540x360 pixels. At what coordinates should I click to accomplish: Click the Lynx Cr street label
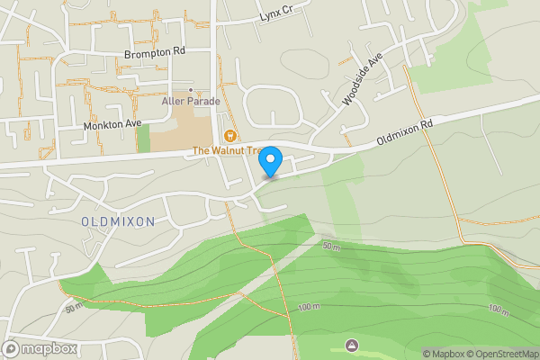click(x=277, y=16)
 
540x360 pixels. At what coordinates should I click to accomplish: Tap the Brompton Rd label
click(x=155, y=53)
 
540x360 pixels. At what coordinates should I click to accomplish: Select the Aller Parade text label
click(x=191, y=102)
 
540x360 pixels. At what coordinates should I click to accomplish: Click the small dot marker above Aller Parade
click(x=191, y=91)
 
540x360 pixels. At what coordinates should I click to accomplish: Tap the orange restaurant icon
click(x=230, y=137)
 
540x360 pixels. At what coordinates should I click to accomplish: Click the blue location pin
click(x=271, y=161)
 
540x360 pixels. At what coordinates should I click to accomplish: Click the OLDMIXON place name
click(x=118, y=220)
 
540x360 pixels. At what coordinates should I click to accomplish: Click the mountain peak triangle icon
click(x=351, y=345)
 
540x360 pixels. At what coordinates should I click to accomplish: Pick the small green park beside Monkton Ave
click(x=143, y=138)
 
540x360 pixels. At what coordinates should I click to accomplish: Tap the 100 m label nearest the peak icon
click(x=308, y=308)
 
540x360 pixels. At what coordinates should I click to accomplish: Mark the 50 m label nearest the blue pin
click(x=330, y=246)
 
